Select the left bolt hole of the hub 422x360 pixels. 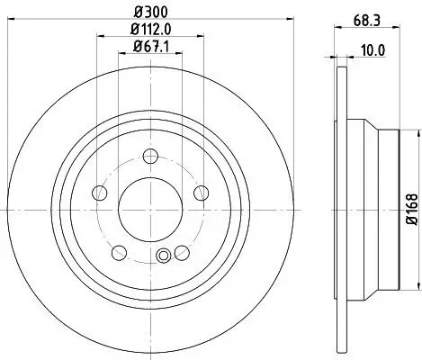[x=102, y=192]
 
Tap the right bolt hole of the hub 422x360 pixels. [x=201, y=192]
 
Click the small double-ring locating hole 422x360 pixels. [x=163, y=256]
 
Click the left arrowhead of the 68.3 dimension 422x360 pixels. [x=337, y=29]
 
